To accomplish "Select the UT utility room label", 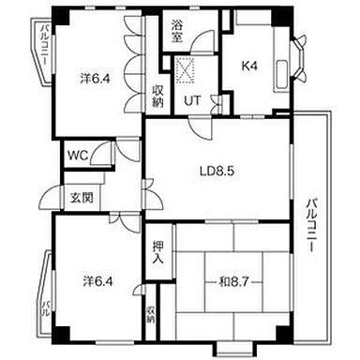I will (x=191, y=100).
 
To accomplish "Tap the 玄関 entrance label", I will (x=81, y=198).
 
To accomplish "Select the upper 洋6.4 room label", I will (x=94, y=80).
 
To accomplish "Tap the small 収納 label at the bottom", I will (x=151, y=315).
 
